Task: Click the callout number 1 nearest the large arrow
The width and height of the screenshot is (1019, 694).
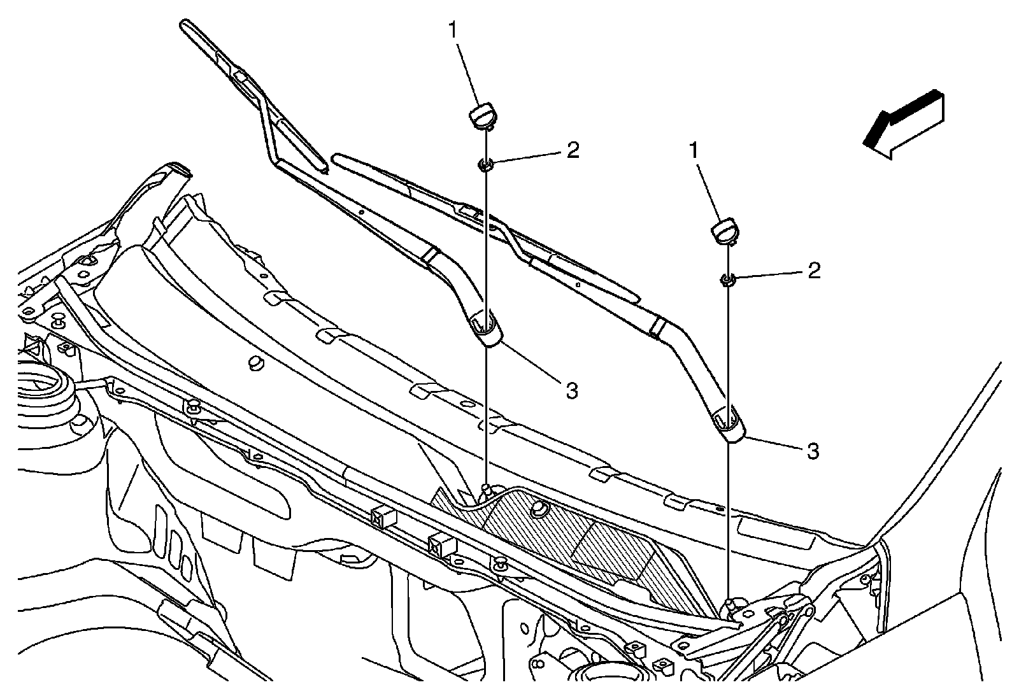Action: click(694, 151)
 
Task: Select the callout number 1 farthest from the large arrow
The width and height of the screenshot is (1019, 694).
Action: click(454, 31)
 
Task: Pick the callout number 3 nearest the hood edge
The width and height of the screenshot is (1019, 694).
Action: click(812, 451)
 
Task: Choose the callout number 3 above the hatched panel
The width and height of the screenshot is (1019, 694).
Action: click(571, 390)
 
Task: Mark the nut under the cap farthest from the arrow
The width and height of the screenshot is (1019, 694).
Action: click(485, 166)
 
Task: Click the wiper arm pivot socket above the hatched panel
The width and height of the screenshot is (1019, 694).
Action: click(486, 330)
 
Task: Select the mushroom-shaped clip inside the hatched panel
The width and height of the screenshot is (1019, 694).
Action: click(541, 507)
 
